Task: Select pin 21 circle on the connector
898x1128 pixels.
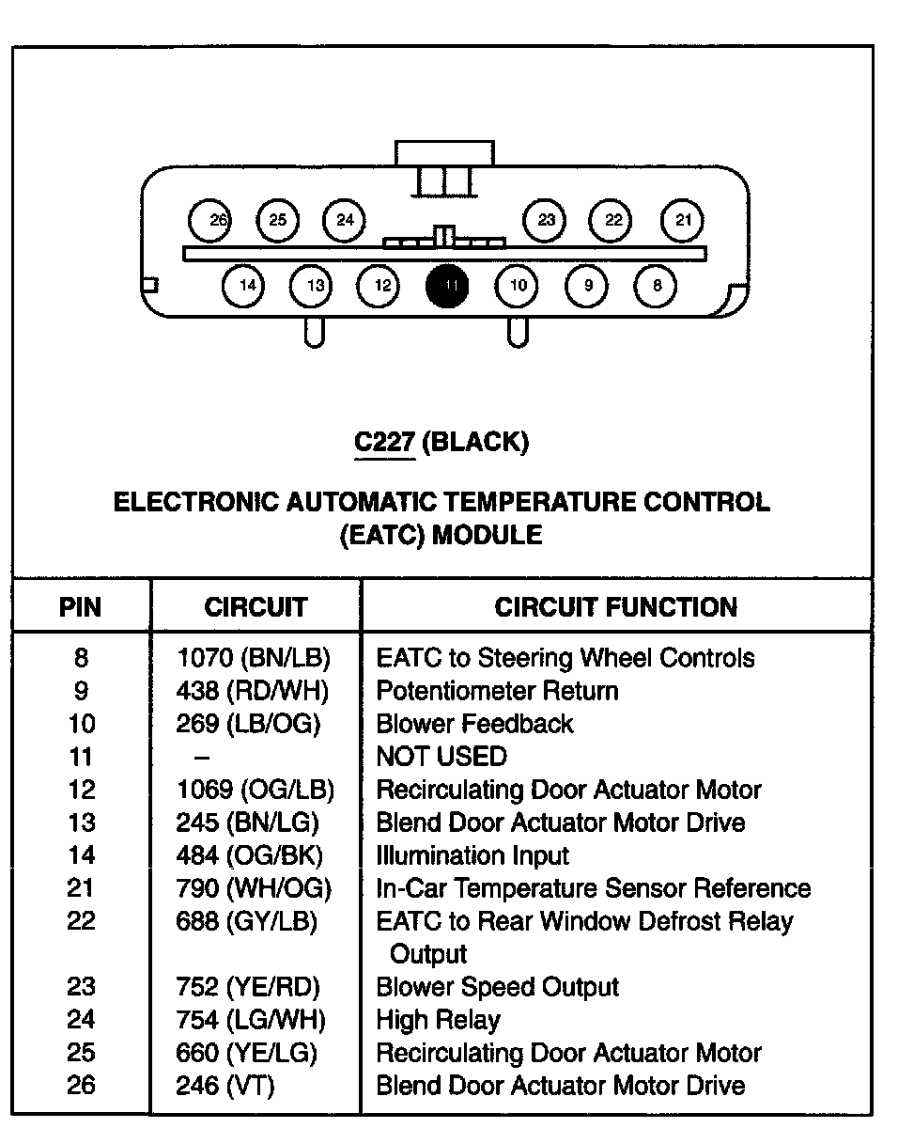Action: point(683,221)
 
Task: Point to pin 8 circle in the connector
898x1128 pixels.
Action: point(656,286)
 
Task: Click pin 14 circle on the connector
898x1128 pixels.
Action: point(245,286)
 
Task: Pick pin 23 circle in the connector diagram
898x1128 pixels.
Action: point(546,221)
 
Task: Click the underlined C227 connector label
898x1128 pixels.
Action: point(384,442)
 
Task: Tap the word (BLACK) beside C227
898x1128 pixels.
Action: point(475,442)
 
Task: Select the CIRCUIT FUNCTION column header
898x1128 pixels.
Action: point(615,607)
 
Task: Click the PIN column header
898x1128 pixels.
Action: point(81,607)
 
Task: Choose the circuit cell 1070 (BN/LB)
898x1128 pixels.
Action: point(254,658)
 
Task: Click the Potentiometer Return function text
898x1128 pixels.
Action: point(497,691)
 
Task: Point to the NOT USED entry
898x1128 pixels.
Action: point(441,757)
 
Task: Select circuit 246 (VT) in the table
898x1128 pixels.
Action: point(225,1086)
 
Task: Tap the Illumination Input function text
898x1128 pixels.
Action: point(472,855)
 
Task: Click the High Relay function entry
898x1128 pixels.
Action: point(438,1020)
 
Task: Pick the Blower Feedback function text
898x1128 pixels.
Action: point(474,724)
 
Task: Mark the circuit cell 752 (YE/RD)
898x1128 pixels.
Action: point(248,987)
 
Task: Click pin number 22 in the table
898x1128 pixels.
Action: point(81,921)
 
